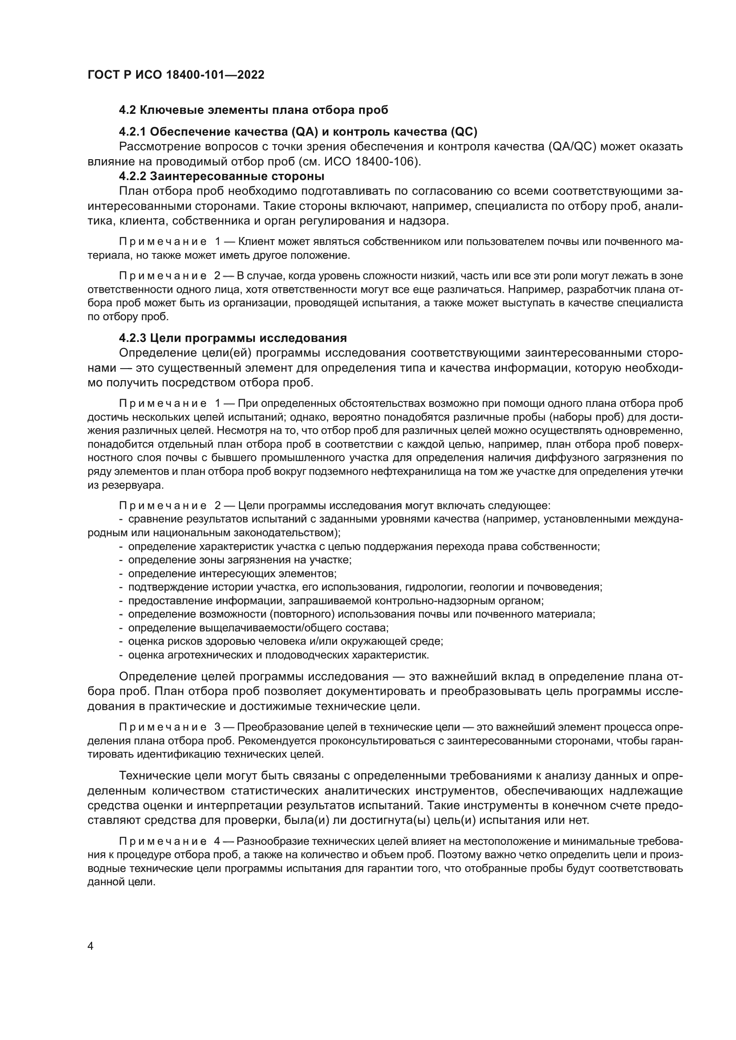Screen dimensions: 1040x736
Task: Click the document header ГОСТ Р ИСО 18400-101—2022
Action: pos(176,75)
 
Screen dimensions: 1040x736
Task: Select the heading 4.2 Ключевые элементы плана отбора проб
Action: pos(253,110)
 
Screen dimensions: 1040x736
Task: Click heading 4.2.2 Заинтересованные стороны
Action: pos(222,176)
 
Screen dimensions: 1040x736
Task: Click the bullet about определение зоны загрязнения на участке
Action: pos(240,560)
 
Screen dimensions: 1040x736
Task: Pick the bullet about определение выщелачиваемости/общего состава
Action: pos(259,628)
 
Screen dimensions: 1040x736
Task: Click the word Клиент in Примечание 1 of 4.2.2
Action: pos(256,241)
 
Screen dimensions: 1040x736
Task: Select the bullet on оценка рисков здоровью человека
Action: pos(286,642)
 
